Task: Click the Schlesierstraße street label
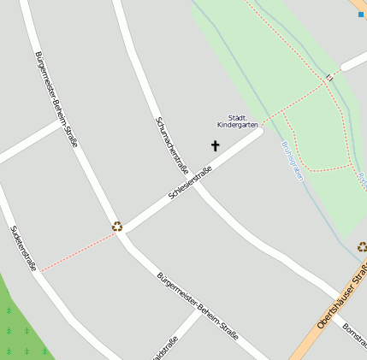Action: point(190,179)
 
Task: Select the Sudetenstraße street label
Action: point(22,248)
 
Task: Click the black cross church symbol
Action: point(215,146)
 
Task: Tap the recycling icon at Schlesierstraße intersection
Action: point(117,227)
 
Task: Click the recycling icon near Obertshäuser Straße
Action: point(362,247)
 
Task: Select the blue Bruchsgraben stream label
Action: point(292,160)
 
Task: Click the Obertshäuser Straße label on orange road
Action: point(341,298)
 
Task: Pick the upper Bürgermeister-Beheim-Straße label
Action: point(56,98)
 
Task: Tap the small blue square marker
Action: point(360,14)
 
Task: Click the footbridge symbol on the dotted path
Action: point(329,79)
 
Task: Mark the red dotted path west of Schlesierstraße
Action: point(77,252)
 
